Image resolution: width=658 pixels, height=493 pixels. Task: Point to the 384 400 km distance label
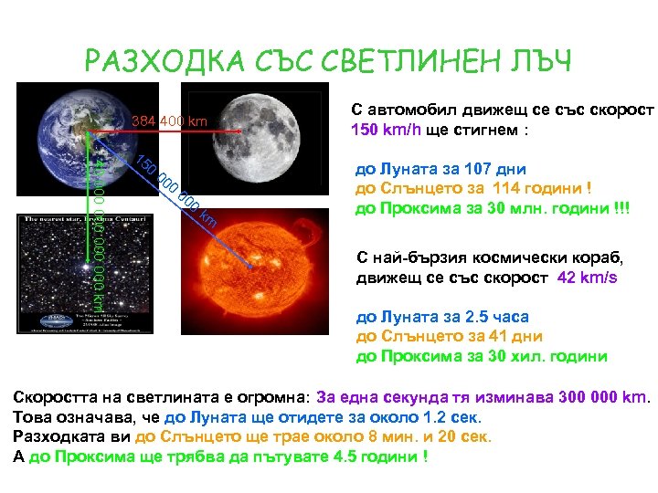[x=169, y=121]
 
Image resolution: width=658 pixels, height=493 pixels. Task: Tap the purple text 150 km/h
[x=383, y=130]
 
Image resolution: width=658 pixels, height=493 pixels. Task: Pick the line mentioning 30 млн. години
[x=493, y=208]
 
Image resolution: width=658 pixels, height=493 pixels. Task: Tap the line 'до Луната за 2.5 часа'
[x=442, y=318]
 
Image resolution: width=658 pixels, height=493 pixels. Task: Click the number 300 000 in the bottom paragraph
[x=584, y=398]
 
